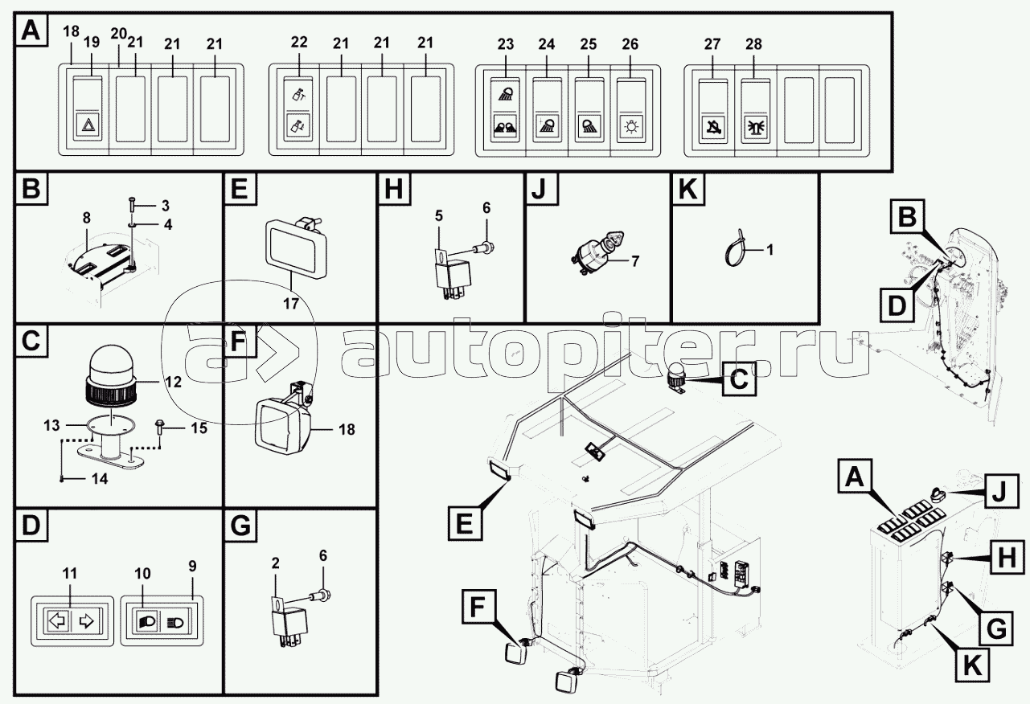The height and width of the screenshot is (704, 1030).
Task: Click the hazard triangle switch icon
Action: pos(88,125)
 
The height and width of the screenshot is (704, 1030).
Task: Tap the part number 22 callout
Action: pos(299,42)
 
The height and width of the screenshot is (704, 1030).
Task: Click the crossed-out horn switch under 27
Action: pos(713,127)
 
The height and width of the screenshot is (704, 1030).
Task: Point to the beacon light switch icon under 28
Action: pos(756,127)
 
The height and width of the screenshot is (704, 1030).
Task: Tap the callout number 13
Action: pos(51,425)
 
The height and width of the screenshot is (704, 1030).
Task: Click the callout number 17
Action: pos(291,304)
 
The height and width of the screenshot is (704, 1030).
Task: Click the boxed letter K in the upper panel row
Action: pos(688,189)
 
